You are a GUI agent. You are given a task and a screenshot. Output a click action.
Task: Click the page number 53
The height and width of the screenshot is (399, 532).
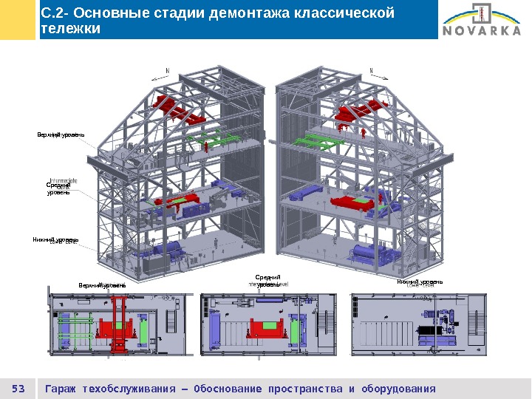click(x=19, y=389)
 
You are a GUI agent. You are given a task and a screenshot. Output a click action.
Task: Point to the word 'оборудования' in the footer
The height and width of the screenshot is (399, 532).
click(x=399, y=389)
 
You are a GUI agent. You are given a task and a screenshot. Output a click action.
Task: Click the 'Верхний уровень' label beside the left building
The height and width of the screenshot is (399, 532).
click(x=61, y=134)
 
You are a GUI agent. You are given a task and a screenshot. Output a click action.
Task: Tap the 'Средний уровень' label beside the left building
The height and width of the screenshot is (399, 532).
click(x=58, y=189)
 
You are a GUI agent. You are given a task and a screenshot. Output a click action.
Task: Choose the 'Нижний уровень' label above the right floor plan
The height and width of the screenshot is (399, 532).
click(x=420, y=282)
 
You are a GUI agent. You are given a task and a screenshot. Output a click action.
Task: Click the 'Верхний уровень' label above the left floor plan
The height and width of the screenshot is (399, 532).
click(x=102, y=284)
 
